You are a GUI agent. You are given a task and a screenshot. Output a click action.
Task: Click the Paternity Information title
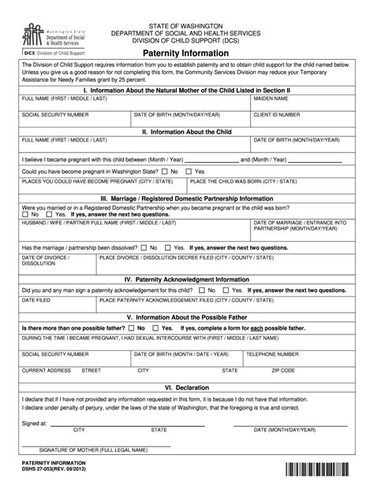point(186,53)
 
